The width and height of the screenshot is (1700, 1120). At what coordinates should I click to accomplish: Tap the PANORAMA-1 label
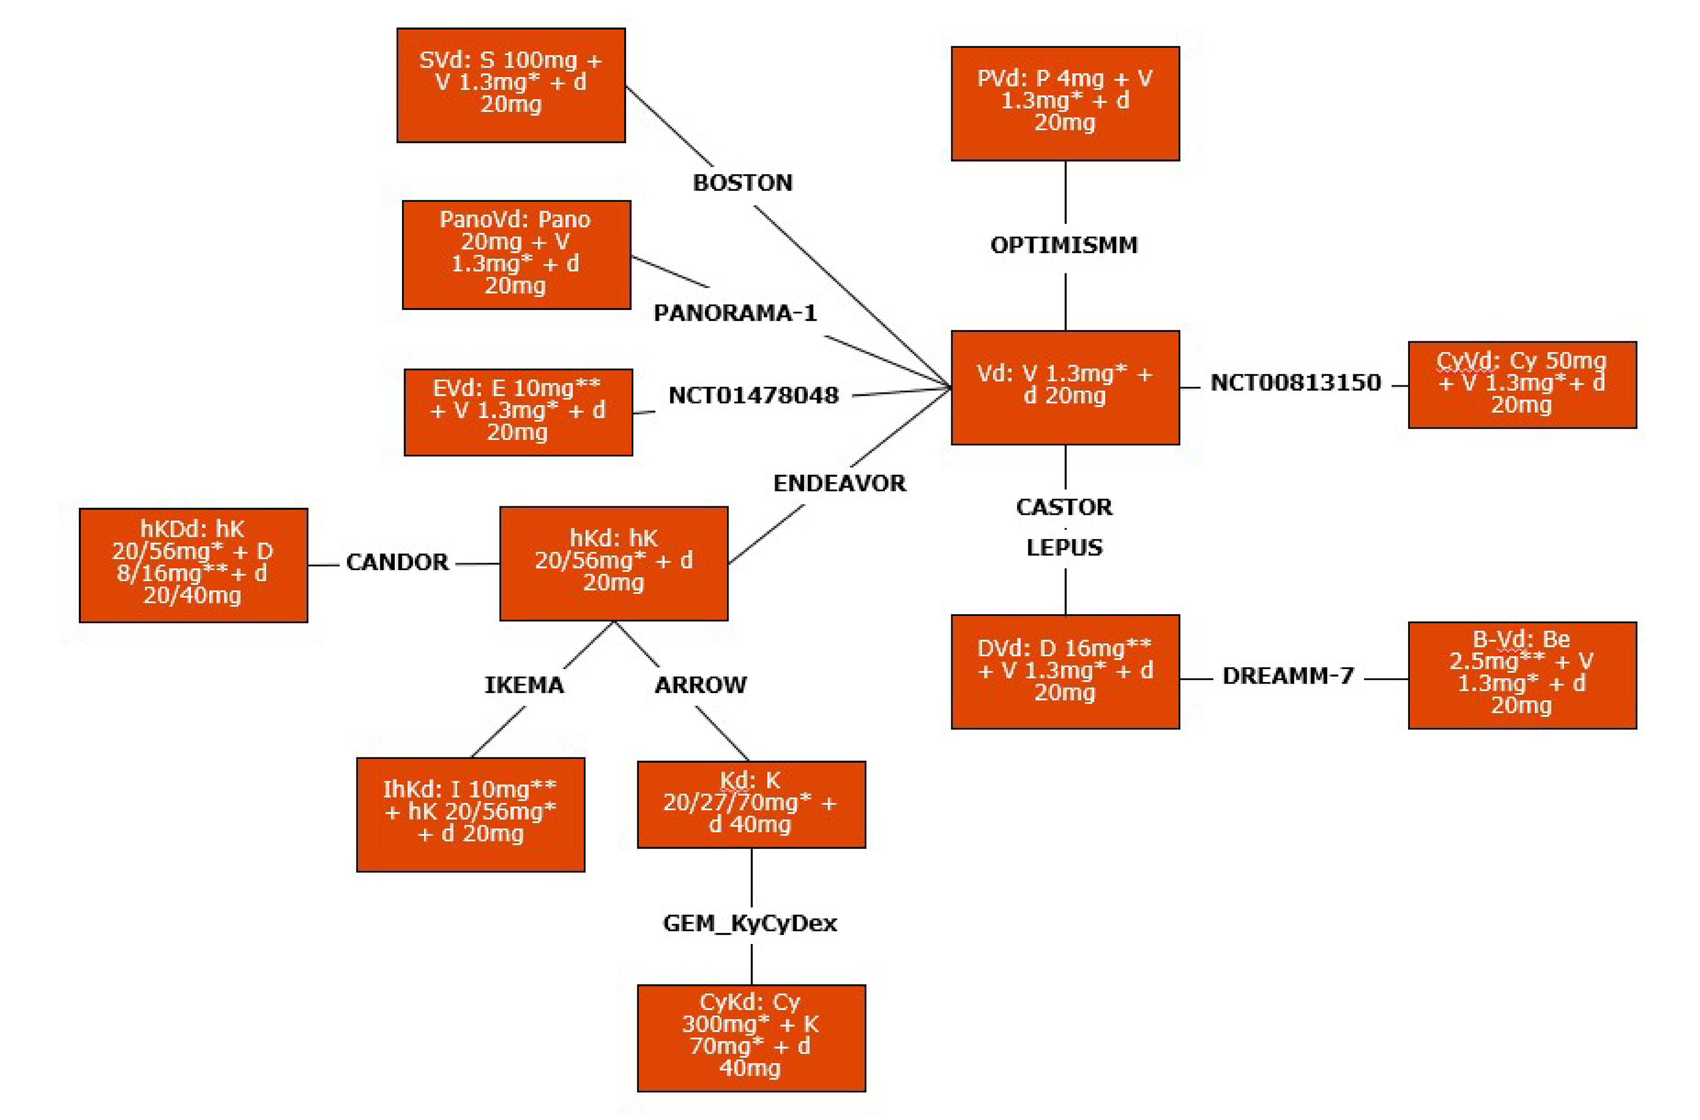tap(735, 313)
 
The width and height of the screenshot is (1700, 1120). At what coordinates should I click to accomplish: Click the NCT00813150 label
tap(1295, 383)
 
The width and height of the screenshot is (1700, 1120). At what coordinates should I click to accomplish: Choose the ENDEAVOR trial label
tap(839, 484)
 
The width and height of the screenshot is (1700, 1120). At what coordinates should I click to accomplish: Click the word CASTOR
tap(1064, 507)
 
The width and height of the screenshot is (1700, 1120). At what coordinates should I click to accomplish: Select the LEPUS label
tap(1064, 548)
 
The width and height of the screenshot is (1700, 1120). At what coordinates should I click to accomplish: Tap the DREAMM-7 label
tap(1288, 676)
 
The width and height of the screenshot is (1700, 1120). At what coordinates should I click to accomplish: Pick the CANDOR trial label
tap(397, 562)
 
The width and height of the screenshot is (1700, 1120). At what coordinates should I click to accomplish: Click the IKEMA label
tap(524, 685)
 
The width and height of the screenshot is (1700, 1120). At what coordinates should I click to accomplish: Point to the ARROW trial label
tap(700, 685)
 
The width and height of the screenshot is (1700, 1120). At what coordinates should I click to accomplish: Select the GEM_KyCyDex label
tap(749, 924)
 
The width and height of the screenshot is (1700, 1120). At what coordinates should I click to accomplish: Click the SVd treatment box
tap(511, 85)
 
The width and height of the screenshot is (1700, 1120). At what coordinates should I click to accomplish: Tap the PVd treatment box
tap(1064, 104)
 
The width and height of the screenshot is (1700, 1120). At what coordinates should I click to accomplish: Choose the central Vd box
tap(1064, 387)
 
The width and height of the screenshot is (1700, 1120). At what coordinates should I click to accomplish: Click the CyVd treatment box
tap(1521, 384)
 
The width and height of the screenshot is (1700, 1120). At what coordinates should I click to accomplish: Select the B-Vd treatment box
tap(1521, 675)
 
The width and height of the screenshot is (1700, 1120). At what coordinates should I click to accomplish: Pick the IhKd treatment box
tap(470, 815)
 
